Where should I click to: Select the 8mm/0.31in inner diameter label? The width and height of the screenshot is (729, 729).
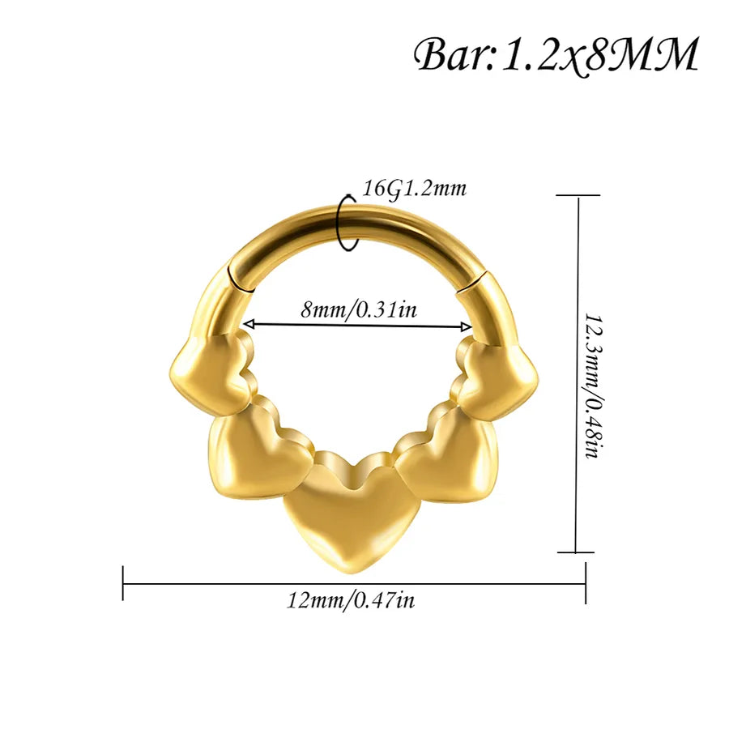pyautogui.click(x=359, y=309)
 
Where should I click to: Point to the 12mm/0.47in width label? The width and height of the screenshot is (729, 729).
pyautogui.click(x=351, y=600)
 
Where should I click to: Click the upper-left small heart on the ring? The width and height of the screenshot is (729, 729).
pyautogui.click(x=212, y=372)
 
